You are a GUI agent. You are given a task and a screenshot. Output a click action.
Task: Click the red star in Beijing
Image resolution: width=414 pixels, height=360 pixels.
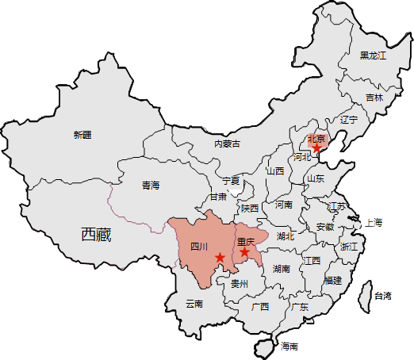(316, 147)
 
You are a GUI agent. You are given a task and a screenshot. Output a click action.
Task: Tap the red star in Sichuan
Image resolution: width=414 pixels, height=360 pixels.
(220, 257)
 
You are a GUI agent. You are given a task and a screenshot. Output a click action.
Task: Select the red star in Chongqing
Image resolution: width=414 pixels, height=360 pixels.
(245, 252)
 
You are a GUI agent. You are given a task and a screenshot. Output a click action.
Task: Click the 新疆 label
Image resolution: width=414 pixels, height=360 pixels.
(82, 135)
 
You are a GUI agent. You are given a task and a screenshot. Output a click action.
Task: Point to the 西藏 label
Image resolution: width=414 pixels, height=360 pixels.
(96, 234)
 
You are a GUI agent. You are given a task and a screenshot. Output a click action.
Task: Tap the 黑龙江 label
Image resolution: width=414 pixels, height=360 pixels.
(372, 56)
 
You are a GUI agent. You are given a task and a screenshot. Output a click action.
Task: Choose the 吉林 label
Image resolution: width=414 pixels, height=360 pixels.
(374, 98)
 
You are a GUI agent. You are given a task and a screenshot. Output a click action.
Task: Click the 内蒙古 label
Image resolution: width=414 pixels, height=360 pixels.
(227, 144)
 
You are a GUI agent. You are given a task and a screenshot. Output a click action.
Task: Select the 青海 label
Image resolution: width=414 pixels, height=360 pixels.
(151, 186)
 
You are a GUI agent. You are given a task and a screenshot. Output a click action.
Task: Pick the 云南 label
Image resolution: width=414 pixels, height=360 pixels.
(194, 303)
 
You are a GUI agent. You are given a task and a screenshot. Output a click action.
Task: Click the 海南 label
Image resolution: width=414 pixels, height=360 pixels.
(289, 346)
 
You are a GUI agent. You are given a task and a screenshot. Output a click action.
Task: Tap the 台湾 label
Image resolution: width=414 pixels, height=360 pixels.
(382, 296)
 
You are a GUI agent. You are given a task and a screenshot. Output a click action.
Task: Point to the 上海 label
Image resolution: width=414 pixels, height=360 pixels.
(374, 223)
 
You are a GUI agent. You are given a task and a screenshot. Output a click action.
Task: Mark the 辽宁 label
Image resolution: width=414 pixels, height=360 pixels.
(349, 120)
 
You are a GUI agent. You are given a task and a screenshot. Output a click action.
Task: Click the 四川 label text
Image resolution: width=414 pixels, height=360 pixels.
(199, 247)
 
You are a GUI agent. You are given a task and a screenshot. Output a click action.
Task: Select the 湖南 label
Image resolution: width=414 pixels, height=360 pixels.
(282, 269)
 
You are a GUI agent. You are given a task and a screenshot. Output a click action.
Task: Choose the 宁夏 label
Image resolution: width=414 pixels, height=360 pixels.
(230, 181)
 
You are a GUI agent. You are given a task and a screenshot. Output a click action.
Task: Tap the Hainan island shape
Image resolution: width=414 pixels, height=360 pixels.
(266, 346)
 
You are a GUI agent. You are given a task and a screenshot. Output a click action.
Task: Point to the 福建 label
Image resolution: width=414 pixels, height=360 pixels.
(332, 280)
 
